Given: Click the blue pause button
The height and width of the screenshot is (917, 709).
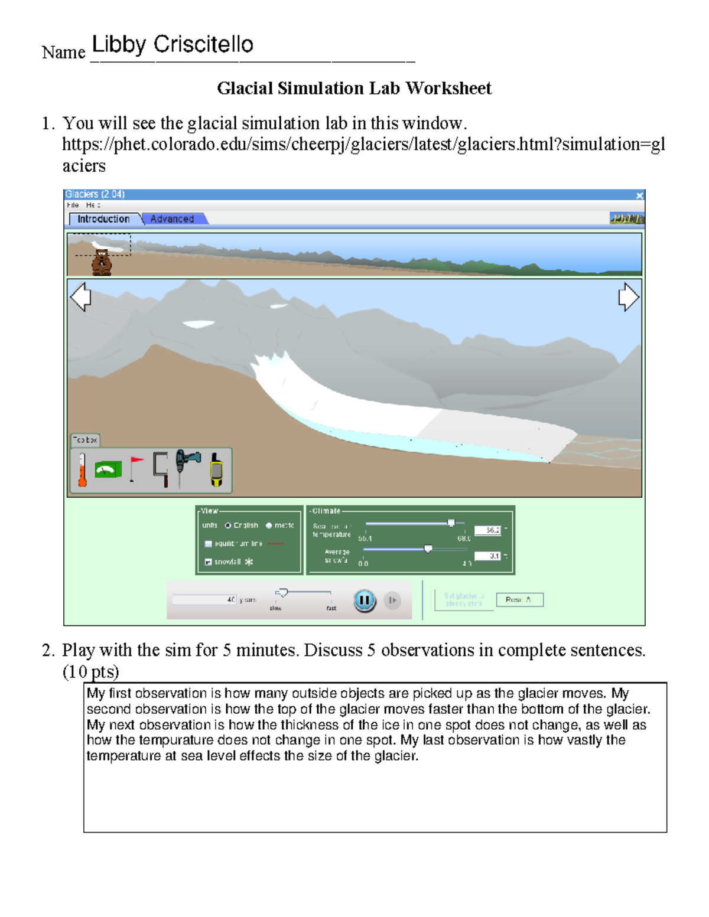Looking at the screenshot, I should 365,601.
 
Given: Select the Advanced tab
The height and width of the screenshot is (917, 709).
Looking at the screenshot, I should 172,219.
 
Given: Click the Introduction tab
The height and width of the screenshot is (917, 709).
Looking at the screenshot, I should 104,219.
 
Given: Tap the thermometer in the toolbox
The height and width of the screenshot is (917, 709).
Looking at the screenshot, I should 83,470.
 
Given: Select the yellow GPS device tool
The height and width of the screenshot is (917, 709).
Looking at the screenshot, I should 217,470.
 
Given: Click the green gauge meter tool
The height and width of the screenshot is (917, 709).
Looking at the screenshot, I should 108,470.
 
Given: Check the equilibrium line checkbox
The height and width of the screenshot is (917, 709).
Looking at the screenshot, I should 208,544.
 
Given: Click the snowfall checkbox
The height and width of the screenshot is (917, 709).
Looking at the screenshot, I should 208,562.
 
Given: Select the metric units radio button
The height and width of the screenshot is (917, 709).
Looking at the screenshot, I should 269,526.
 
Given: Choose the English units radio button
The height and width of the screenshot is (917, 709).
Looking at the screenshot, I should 227,526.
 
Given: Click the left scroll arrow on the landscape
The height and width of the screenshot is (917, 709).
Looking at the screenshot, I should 80,296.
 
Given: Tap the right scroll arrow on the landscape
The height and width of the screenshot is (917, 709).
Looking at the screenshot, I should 628,296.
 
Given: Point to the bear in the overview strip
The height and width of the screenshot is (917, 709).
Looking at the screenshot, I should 102,262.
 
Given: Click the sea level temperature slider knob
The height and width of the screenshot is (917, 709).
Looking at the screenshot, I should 451,523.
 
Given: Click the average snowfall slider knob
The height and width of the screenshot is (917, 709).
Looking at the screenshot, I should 428,549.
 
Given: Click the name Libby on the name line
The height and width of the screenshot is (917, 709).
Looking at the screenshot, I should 119,45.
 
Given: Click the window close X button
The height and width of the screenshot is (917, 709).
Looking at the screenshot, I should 639,195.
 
